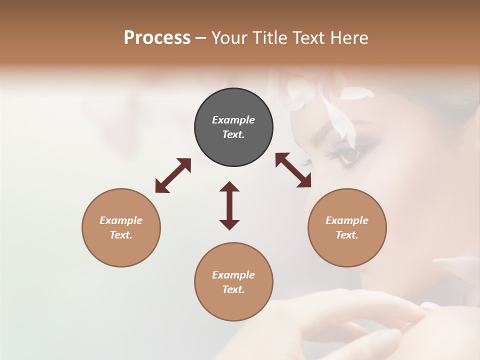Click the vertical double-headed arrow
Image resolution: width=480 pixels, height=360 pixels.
pyautogui.click(x=229, y=205)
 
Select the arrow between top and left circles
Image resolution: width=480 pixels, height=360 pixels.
pyautogui.click(x=173, y=175)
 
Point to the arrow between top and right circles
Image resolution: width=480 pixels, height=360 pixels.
pyautogui.click(x=293, y=170)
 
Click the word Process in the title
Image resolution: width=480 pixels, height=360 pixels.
pyautogui.click(x=157, y=37)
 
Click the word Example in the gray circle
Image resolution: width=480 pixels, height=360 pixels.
pyautogui.click(x=233, y=120)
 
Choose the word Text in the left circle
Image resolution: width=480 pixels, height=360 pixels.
pyautogui.click(x=121, y=235)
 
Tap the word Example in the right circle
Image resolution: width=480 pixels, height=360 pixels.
pyautogui.click(x=347, y=220)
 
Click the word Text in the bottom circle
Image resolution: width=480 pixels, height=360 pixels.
pyautogui.click(x=233, y=289)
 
